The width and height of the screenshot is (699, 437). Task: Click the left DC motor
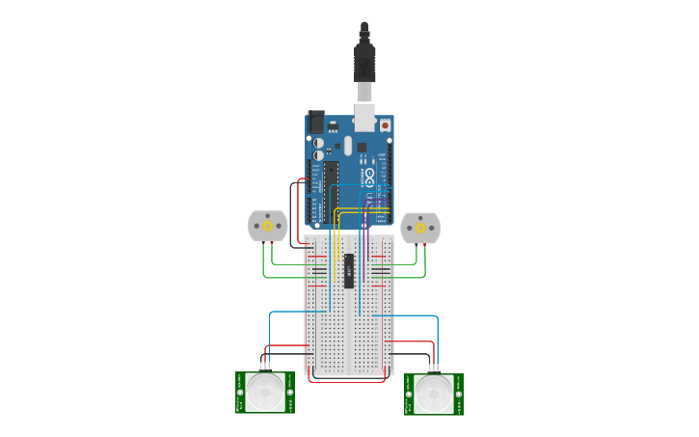[x=267, y=226]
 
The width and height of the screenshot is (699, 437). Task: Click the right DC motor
[x=419, y=228]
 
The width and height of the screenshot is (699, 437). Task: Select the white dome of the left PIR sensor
[x=265, y=392]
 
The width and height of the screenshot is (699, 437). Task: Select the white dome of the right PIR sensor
[x=434, y=394]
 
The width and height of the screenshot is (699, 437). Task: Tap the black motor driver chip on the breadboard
[x=349, y=271]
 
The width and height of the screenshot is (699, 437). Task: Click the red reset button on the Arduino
[x=386, y=125]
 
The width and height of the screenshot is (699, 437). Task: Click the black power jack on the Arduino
[x=315, y=123]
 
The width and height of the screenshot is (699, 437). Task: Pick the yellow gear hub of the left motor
[x=267, y=226]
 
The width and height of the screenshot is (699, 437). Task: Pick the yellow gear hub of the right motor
[x=419, y=228]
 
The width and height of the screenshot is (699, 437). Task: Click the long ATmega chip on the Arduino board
[x=331, y=188]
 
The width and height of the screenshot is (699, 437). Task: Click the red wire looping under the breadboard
[x=347, y=381]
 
